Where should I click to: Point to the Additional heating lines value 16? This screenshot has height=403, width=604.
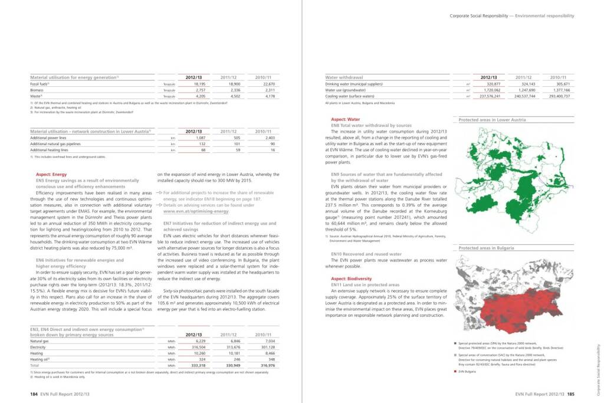(273, 150)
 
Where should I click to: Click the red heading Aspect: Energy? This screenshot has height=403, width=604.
(51, 175)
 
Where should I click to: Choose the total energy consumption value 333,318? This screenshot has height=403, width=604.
(196, 365)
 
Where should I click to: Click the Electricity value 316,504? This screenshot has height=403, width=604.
(196, 347)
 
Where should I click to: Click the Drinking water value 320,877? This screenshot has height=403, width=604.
(491, 84)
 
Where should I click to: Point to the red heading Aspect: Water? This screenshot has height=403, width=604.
(346, 119)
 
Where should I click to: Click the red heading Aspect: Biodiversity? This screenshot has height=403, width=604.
(351, 279)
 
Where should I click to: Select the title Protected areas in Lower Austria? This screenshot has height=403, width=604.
(492, 120)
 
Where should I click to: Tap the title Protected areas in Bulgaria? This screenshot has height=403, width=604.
(486, 248)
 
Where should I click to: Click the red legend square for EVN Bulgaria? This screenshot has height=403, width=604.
(455, 372)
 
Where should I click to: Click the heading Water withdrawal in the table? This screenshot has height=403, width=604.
(344, 77)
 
